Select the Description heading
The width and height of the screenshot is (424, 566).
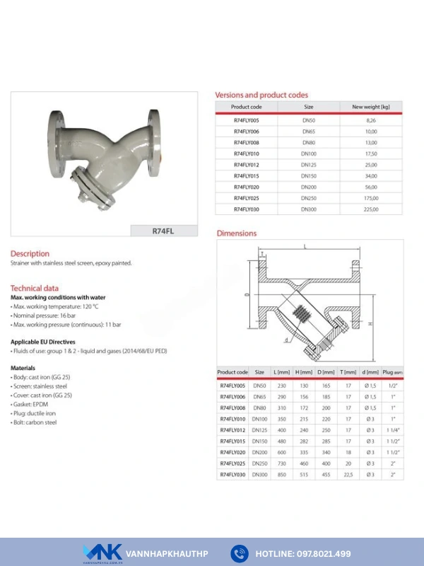point(30,253)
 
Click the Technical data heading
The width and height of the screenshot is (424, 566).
point(35,288)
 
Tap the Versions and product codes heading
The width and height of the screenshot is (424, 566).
point(261,95)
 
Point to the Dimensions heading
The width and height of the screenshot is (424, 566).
point(237,233)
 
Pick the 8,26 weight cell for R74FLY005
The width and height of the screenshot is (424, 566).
point(371,121)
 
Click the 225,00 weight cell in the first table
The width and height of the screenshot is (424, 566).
point(371,209)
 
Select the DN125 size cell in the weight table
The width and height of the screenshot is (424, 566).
point(309,165)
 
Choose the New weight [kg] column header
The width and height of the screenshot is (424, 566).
point(371,107)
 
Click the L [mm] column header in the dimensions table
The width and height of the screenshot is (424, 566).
point(281,371)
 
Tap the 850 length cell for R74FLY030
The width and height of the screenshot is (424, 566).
point(281,475)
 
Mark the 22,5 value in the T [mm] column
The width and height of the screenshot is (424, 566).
point(348,475)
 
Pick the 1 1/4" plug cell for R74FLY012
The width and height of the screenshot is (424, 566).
point(392,430)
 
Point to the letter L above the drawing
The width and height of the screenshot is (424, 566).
point(305,247)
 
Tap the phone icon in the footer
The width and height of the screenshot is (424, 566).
point(240,553)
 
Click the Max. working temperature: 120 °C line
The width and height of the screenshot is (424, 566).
point(55,306)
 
